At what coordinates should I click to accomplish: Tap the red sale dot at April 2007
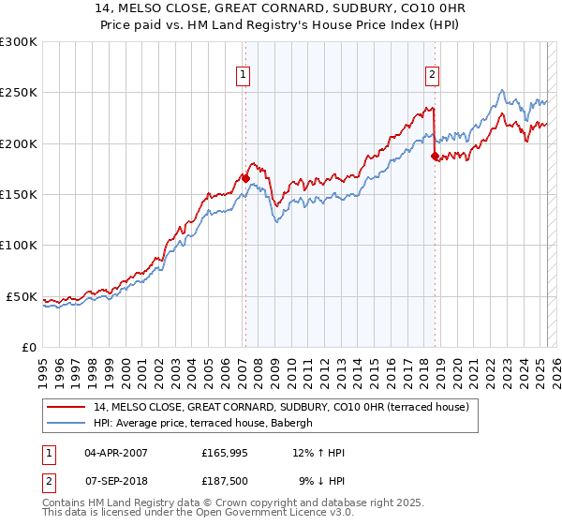[245, 177]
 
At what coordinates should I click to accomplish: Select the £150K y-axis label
[19, 195]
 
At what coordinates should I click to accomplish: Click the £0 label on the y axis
[28, 348]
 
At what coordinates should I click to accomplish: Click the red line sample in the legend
[67, 406]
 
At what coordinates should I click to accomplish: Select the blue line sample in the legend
[67, 423]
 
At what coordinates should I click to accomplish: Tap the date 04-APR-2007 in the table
[116, 453]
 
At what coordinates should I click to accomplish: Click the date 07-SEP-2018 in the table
[116, 481]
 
